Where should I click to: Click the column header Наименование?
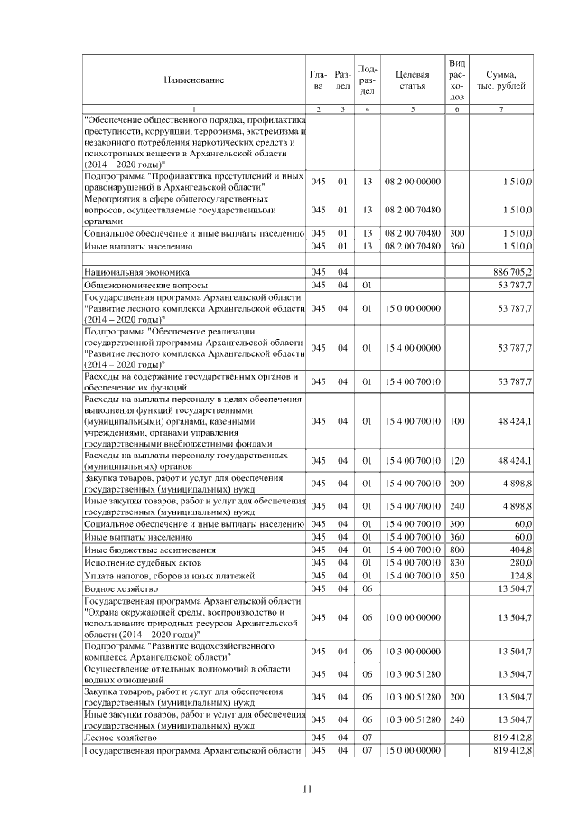click(x=193, y=80)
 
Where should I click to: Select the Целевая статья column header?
click(x=412, y=80)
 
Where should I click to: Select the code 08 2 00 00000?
click(x=412, y=182)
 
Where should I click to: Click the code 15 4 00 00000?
click(x=412, y=347)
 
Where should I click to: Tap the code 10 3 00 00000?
click(x=412, y=651)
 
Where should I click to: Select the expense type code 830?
click(x=456, y=562)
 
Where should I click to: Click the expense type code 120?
click(x=456, y=461)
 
